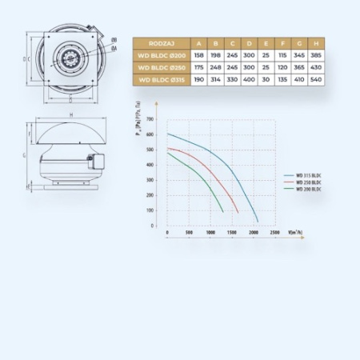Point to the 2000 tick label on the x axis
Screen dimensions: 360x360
(x=253, y=233)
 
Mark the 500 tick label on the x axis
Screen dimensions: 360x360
(x=189, y=233)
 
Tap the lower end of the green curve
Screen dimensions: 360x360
(x=223, y=211)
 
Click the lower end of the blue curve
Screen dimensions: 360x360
(x=258, y=222)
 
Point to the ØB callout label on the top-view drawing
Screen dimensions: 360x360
(x=114, y=40)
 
